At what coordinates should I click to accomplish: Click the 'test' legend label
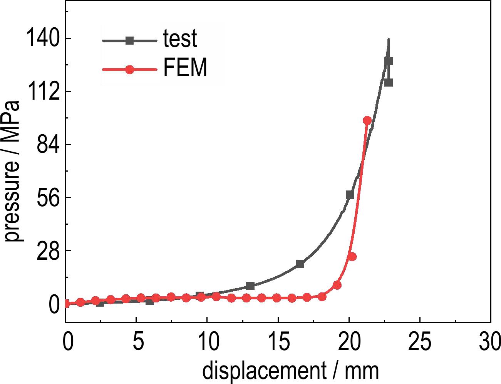[x=180, y=39]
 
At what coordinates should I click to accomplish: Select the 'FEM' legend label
[x=185, y=68]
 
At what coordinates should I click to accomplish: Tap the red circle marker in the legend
[x=130, y=70]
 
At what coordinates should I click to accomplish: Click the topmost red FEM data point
[x=367, y=121]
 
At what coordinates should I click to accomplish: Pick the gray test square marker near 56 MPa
[x=350, y=195]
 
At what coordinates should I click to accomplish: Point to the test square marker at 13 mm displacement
[x=250, y=286]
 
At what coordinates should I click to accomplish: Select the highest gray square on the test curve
[x=389, y=61]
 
